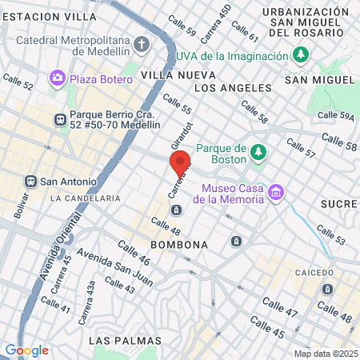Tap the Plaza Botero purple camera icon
(x=58, y=78)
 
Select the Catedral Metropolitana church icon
(x=142, y=44)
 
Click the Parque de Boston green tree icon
(x=258, y=152)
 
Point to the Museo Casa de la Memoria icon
(x=277, y=191)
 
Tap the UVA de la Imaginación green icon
(x=301, y=55)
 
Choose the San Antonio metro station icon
(x=31, y=181)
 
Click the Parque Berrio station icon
(x=59, y=119)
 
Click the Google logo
(x=26, y=350)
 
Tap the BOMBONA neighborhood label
(x=179, y=243)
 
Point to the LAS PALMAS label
(x=121, y=341)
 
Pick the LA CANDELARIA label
(x=85, y=198)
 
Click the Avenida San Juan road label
(x=104, y=270)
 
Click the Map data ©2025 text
(x=324, y=353)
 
